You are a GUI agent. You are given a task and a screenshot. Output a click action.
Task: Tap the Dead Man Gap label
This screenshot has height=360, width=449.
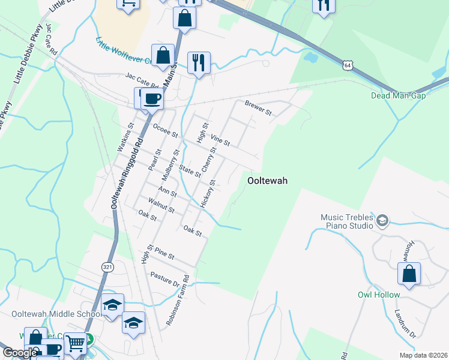pos(398,95)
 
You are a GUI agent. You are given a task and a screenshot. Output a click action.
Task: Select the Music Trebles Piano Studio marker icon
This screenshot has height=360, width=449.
pos(382,222)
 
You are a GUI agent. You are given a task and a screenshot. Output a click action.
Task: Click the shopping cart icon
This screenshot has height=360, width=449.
pos(75,344)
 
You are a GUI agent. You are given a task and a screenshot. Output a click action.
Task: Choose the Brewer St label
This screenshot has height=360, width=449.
pos(258,108)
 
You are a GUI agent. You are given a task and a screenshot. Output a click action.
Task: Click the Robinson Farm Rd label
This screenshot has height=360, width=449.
pos(178,301)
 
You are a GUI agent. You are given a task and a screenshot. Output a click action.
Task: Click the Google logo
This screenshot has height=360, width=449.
pos(20,353)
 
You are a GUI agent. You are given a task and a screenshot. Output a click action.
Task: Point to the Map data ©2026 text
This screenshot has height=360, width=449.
pos(423,355)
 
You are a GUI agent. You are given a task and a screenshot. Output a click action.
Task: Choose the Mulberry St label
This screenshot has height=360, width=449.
pos(170,166)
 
